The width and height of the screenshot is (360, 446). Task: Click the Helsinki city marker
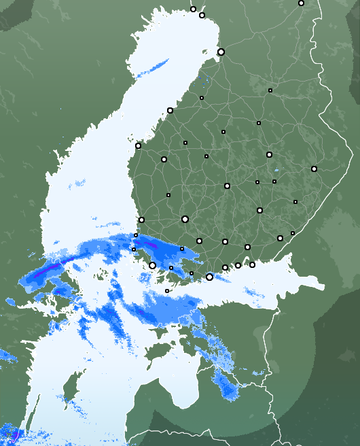pyautogui.click(x=209, y=277)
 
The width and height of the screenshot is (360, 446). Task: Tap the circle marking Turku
pyautogui.click(x=152, y=265)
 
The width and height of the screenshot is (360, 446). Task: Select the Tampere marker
pyautogui.click(x=185, y=219)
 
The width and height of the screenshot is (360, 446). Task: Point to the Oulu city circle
pyautogui.click(x=221, y=52)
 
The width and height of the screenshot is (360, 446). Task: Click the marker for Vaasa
pyautogui.click(x=138, y=145)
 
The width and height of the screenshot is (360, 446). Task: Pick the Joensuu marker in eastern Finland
pyautogui.click(x=314, y=169)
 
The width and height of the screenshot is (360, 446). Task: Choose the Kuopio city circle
pyautogui.click(x=269, y=154)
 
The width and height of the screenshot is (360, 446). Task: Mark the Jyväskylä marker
pyautogui.click(x=227, y=186)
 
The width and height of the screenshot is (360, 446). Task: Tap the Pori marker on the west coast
pyautogui.click(x=141, y=220)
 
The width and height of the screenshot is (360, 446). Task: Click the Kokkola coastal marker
pyautogui.click(x=170, y=110)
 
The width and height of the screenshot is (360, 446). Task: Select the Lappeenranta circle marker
pyautogui.click(x=280, y=238)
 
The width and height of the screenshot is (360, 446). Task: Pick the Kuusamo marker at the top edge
pyautogui.click(x=301, y=3)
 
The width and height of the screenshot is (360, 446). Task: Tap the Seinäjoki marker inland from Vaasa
pyautogui.click(x=163, y=159)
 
